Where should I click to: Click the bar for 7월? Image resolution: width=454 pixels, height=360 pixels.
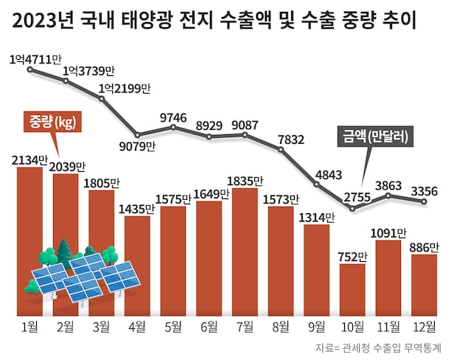[x=245, y=251]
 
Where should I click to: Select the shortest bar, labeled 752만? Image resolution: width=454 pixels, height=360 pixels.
[x=352, y=288]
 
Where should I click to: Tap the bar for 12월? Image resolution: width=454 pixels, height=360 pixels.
[x=425, y=283]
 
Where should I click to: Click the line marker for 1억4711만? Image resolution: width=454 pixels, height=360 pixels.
[x=30, y=70]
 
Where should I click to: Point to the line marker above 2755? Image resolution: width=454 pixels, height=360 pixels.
[x=353, y=210]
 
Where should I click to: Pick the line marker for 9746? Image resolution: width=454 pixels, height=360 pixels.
[x=173, y=128]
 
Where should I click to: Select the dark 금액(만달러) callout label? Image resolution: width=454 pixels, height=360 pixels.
[x=377, y=136]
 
